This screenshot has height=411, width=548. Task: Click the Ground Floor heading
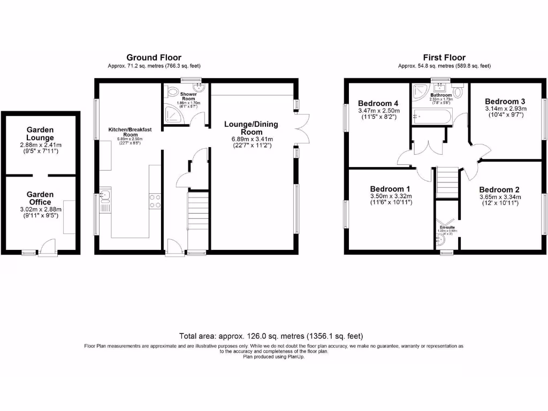point(154,57)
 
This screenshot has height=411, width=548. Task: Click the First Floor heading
point(444,57)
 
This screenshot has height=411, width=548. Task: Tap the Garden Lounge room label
point(40,134)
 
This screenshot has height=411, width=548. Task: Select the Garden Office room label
point(40,199)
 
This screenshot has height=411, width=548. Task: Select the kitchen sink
point(105,196)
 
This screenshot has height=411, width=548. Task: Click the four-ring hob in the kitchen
point(156,201)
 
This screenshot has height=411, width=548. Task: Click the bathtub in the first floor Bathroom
point(432,115)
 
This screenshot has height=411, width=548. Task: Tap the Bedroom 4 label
point(378,103)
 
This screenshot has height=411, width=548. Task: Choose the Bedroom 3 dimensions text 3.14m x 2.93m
point(505,108)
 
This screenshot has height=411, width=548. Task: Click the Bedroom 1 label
point(390,189)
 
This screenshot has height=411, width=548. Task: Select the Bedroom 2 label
point(499,189)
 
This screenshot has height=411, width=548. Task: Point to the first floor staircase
point(448,181)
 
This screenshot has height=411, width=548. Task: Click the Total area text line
point(273,336)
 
